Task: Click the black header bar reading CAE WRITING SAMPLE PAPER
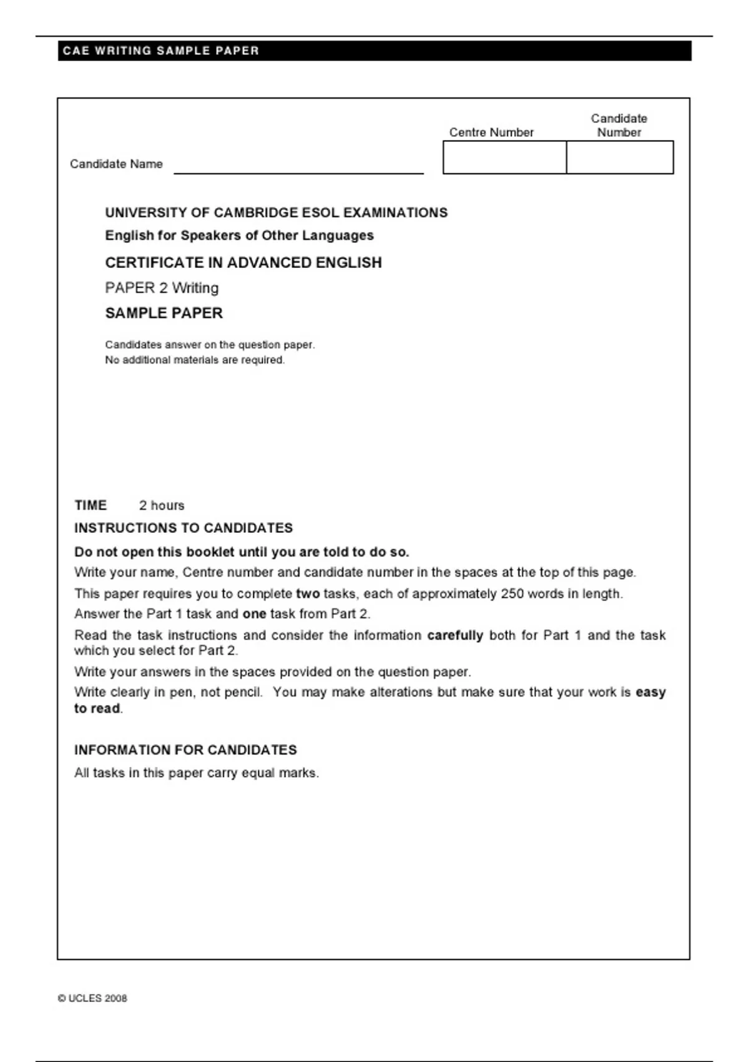tap(374, 51)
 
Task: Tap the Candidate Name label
tap(116, 164)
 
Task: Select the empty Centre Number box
tap(504, 157)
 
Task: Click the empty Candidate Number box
tap(620, 157)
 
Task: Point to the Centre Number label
tap(491, 132)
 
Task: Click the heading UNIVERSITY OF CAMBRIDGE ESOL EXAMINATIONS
tap(276, 212)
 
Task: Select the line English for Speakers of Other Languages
tap(239, 236)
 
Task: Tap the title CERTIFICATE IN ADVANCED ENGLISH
tap(243, 262)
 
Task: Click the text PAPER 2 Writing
tap(162, 288)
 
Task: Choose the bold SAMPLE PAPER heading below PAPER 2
tap(164, 313)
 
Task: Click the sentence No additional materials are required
tap(195, 360)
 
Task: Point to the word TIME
tap(91, 505)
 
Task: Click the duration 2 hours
tap(162, 505)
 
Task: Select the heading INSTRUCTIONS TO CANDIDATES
tap(184, 528)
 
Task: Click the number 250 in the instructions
tap(512, 593)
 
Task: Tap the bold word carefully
tap(455, 635)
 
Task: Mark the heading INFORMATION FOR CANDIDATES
tap(185, 750)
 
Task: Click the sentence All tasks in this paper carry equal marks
tap(197, 773)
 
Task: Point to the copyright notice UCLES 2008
tap(92, 998)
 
